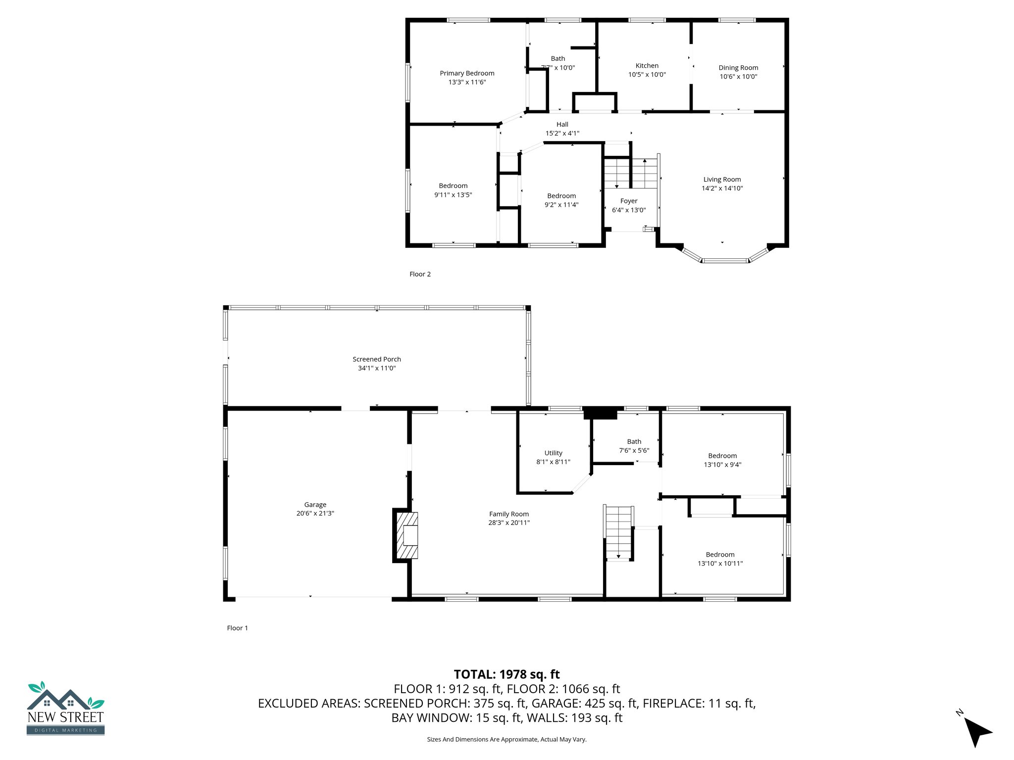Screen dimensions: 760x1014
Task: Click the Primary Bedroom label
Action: [x=467, y=73]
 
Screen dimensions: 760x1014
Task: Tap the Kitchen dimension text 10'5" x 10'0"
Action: [x=647, y=75]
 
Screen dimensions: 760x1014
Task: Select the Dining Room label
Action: [x=738, y=68]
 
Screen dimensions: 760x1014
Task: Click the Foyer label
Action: [x=628, y=201]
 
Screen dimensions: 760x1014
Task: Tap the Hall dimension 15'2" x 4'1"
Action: [x=562, y=133]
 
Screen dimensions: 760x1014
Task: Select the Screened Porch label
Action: [x=376, y=359]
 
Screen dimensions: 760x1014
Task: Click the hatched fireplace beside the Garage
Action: [x=406, y=536]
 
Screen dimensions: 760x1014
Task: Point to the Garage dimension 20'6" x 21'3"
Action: [x=315, y=514]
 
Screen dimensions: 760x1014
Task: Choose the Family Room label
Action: [x=508, y=514]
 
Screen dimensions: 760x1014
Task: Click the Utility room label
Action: [x=553, y=453]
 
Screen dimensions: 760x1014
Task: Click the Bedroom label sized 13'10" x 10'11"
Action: [x=720, y=555]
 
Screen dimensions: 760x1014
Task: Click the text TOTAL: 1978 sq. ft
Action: [x=507, y=674]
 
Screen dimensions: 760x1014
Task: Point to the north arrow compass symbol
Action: [x=976, y=731]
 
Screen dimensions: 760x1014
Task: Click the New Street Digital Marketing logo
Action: [x=65, y=708]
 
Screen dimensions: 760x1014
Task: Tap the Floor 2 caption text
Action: [x=420, y=274]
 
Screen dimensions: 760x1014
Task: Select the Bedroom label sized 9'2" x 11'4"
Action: [x=561, y=196]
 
